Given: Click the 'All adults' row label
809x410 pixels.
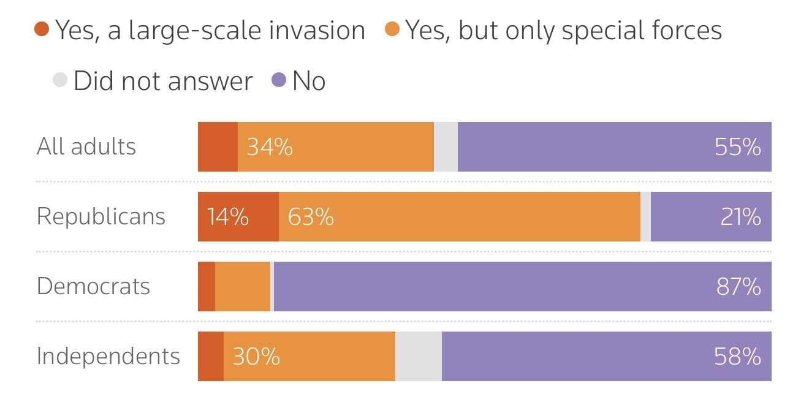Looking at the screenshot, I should coord(86,146).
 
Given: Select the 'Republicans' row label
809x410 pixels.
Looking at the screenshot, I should coord(101,217).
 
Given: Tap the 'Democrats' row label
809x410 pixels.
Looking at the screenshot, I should coord(93,286).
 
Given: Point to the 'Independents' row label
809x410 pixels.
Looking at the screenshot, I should coord(108,356).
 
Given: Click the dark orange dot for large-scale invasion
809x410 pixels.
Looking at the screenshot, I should coord(42,29).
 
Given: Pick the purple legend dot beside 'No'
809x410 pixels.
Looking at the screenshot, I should coord(279,80).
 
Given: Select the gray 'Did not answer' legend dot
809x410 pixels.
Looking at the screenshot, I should coord(60,80).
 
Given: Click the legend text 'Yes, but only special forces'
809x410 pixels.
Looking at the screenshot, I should coord(563,29).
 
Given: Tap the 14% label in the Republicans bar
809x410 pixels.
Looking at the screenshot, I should coord(228,217).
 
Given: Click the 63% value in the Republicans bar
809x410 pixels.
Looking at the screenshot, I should coord(311,217).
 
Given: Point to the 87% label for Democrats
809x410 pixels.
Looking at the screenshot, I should coord(739,286).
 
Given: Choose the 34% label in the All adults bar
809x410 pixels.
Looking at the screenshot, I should coord(270,147).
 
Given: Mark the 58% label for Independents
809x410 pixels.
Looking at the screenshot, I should coord(738,356).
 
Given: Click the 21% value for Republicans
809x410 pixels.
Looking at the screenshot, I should coord(740,217).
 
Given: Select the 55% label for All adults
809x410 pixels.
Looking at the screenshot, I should coord(738,147).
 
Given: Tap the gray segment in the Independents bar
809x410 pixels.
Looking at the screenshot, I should coord(419,356).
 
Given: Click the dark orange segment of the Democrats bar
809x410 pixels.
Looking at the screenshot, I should coord(207,286).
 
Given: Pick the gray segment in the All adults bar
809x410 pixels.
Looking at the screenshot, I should coord(446,147).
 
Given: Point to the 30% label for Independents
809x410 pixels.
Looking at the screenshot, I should coord(256,356).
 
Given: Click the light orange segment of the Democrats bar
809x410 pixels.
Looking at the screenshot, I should coord(243,286).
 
